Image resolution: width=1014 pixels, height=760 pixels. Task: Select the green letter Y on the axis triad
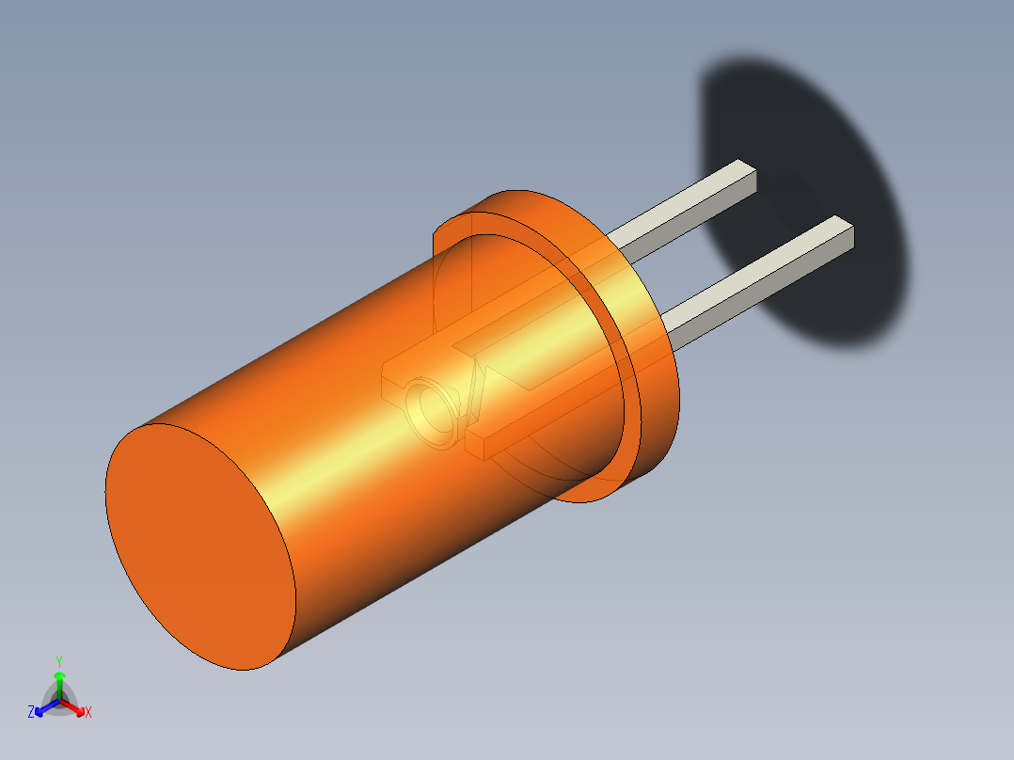59,661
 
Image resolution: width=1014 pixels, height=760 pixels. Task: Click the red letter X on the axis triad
88,713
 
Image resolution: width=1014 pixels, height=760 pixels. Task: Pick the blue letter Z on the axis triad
31,713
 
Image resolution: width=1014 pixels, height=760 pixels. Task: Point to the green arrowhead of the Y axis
59,676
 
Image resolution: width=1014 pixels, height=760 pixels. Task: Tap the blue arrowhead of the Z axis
40,709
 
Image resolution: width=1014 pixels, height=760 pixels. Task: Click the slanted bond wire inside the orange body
474,395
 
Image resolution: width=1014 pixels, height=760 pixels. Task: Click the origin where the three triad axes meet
59,700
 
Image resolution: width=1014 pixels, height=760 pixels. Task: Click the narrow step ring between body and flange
627,395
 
